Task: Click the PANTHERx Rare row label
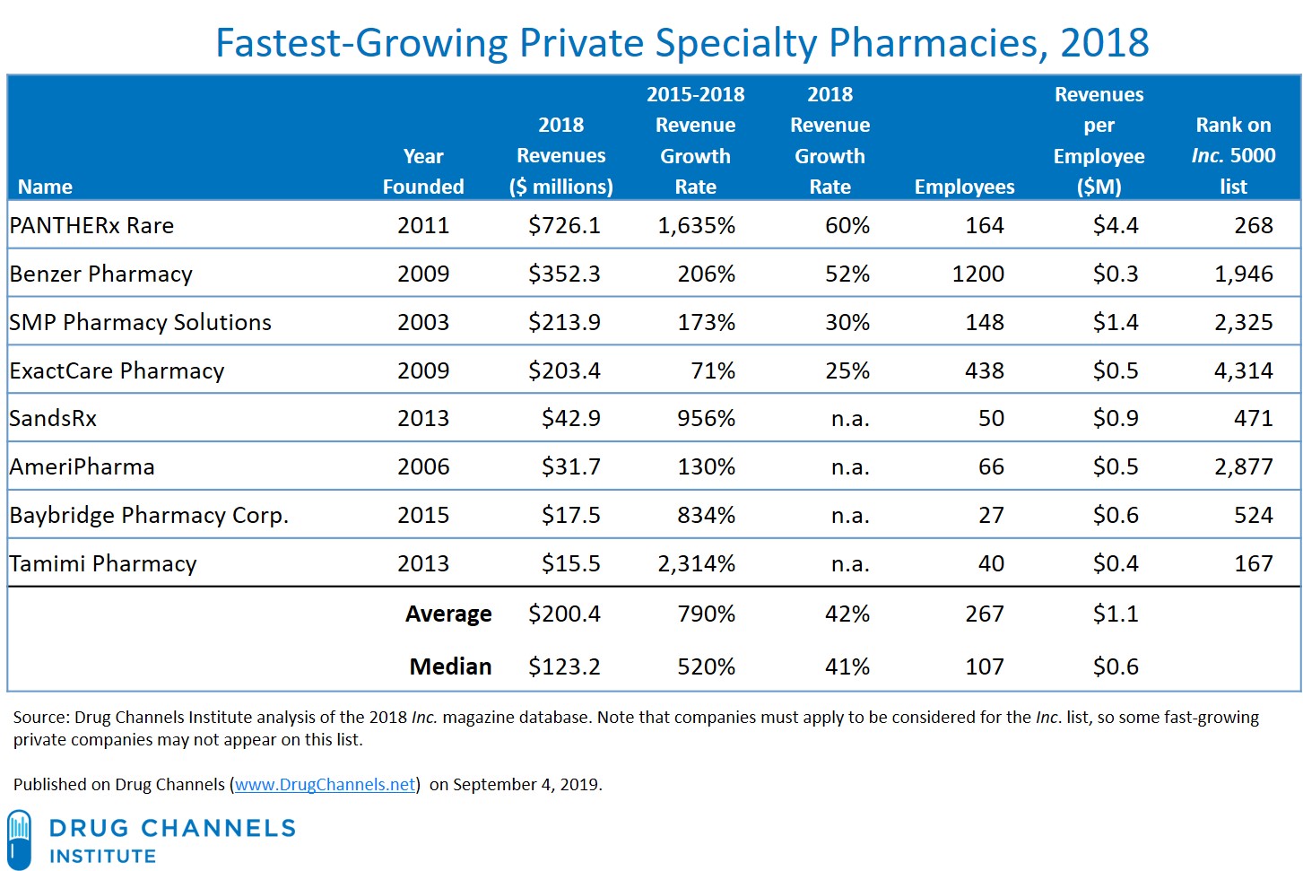coord(91,225)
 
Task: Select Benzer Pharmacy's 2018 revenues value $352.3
coord(564,274)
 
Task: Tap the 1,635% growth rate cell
coord(696,225)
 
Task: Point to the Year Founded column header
coord(423,171)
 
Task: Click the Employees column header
coord(964,187)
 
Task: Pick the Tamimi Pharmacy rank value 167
coord(1253,563)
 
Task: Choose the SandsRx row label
coord(53,418)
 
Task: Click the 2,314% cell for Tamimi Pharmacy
coord(696,563)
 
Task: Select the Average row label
coord(448,614)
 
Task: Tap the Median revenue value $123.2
coord(564,666)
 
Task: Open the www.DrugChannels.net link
coord(326,784)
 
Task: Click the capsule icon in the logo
coord(19,839)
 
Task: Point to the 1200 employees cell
coord(977,274)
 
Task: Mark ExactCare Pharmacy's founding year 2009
coord(423,370)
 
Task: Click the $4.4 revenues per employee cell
coord(1116,225)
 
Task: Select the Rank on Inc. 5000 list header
coord(1233,156)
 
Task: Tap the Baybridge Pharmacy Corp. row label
coord(149,515)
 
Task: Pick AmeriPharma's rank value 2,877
coord(1243,466)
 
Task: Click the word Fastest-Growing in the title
coord(361,43)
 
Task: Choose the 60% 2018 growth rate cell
coord(847,225)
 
